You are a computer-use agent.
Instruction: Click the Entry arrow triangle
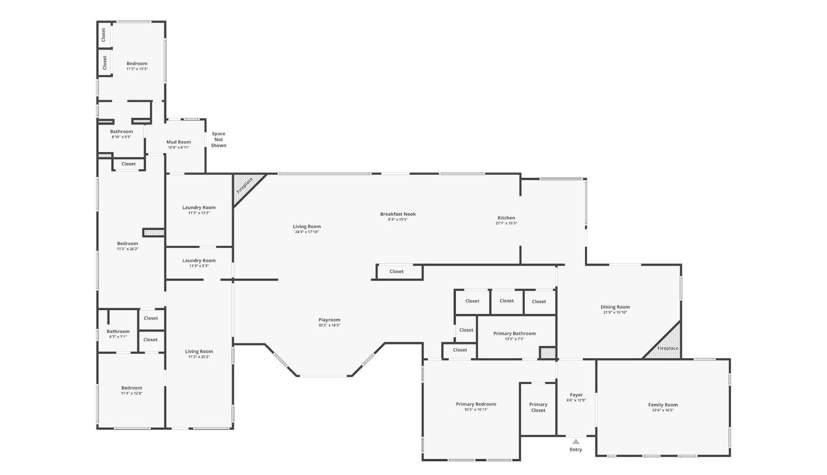pos(576,441)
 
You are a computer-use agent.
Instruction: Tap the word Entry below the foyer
pos(576,450)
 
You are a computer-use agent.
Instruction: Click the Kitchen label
pos(506,218)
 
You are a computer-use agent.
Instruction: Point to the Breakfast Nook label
pos(398,214)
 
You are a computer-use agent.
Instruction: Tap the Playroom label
pos(329,320)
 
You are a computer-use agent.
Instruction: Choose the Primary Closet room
pos(538,407)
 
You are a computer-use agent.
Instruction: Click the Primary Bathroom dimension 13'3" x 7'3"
pos(514,339)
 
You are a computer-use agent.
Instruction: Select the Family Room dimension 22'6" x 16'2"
pos(663,411)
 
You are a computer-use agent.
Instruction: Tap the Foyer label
pos(576,395)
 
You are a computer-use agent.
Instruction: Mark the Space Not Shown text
pos(218,139)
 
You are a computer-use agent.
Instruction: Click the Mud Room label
pos(179,142)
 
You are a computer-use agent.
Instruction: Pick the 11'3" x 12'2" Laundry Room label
pos(199,208)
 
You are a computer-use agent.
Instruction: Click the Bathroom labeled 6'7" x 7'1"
pos(118,332)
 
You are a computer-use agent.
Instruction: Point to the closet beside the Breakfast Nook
pos(396,272)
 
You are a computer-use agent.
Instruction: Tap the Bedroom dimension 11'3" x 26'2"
pos(127,249)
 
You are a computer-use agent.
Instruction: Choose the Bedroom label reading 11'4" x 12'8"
pos(132,388)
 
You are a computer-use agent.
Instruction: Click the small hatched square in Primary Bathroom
pos(547,353)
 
